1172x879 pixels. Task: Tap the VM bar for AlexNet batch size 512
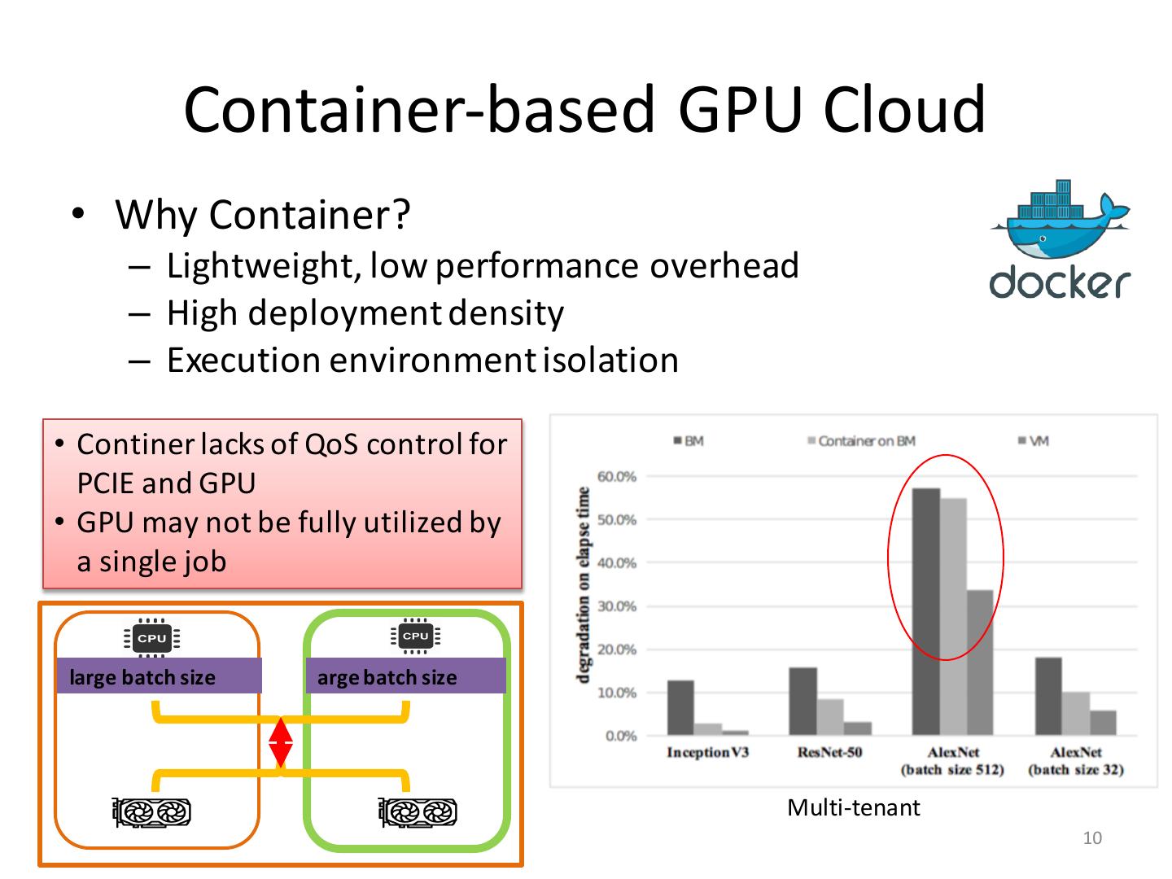click(x=980, y=663)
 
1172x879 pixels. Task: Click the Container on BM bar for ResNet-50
click(x=830, y=717)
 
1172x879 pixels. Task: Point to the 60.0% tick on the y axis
click(x=617, y=476)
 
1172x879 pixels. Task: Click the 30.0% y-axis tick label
click(x=617, y=606)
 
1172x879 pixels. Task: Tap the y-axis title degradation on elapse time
click(x=583, y=585)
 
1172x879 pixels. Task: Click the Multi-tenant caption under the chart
click(x=853, y=808)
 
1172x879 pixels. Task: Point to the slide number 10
click(x=1092, y=838)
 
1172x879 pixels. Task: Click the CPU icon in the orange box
click(x=152, y=639)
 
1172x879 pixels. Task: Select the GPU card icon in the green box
click(x=418, y=812)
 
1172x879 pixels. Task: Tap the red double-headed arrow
click(x=281, y=742)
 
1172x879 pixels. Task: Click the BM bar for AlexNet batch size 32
click(x=1048, y=697)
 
